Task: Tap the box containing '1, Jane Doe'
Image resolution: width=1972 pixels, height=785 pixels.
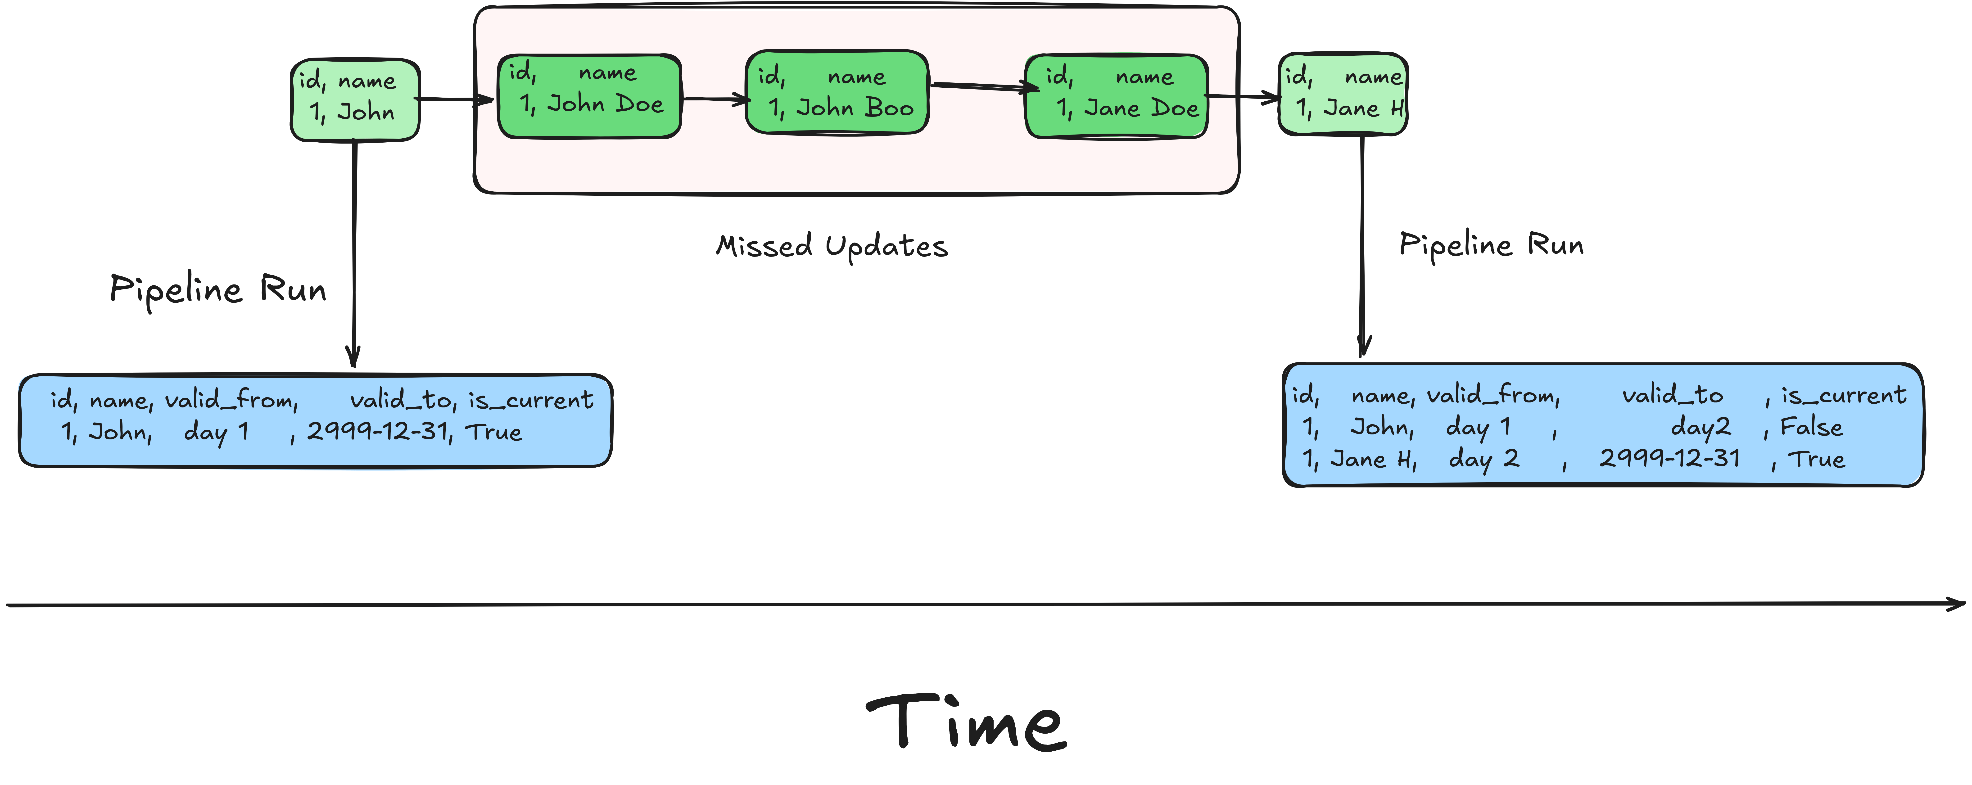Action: [x=1116, y=96]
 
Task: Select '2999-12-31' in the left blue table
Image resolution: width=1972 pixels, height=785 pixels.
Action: [x=378, y=432]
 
